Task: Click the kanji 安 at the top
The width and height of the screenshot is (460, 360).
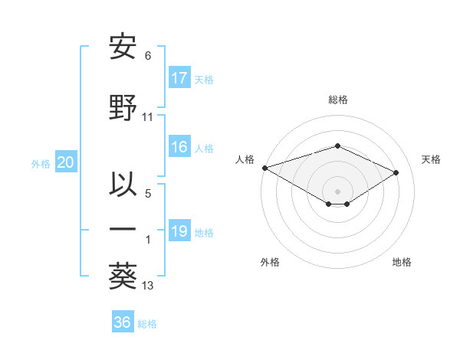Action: [x=123, y=47]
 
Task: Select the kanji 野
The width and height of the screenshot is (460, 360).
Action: [x=123, y=108]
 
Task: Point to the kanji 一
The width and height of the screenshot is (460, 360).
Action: [x=123, y=229]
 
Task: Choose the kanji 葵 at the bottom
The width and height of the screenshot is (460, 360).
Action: [x=123, y=276]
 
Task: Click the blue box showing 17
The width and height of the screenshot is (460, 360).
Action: [x=179, y=78]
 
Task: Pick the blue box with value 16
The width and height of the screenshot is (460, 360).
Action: [x=179, y=148]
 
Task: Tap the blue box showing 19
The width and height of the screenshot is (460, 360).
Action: [x=179, y=232]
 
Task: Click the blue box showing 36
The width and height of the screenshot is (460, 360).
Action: [x=123, y=322]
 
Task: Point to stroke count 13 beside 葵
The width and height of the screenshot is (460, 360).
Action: [x=148, y=286]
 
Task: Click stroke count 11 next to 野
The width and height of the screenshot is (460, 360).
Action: [x=148, y=117]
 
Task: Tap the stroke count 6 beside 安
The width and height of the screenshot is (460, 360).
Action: [x=148, y=56]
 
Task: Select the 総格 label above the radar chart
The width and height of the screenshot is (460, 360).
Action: [x=337, y=100]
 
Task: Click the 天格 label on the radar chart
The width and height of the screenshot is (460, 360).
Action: [x=431, y=159]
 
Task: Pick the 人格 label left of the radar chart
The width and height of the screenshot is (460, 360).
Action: [x=245, y=159]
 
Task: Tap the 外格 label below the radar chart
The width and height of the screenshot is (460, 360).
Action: [x=270, y=263]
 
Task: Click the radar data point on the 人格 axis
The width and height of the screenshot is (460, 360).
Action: [x=264, y=167]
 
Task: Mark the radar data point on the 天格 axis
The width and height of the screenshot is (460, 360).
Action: [x=396, y=172]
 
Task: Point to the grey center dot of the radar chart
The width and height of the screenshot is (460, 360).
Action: [x=337, y=191]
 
